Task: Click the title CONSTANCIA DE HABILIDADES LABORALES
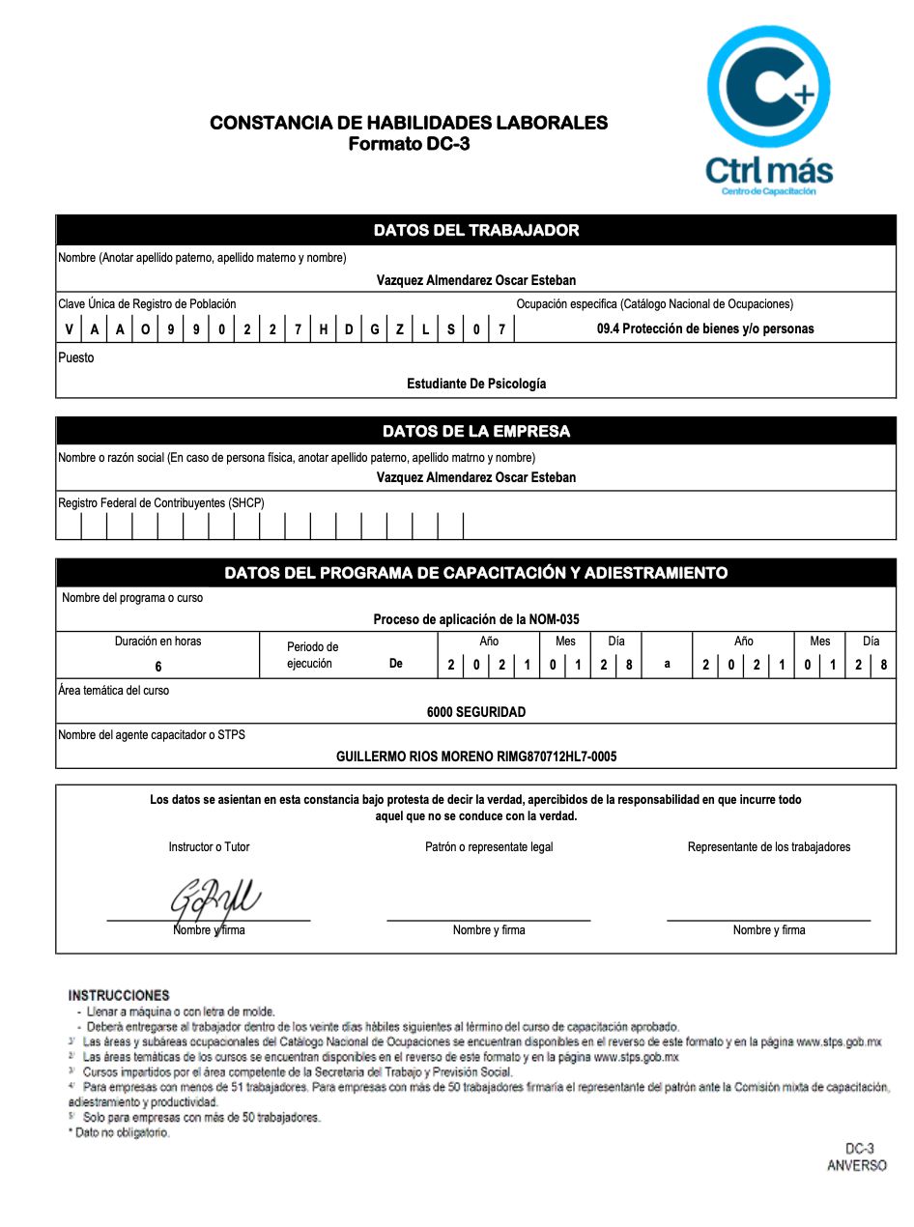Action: point(409,123)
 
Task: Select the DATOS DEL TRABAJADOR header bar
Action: point(475,230)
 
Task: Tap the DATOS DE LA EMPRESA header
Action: point(475,431)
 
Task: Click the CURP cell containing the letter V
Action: point(69,329)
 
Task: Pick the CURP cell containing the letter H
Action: point(323,329)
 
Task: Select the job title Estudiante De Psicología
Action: point(475,384)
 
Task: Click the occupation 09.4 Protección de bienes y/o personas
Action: point(705,328)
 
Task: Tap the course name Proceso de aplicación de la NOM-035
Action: point(475,619)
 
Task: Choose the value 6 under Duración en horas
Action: point(158,667)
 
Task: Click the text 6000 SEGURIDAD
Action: point(475,712)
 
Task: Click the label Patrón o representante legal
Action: point(489,847)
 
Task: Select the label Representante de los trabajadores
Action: point(769,847)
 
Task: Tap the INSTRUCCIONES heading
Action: point(119,995)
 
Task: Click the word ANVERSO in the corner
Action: point(856,1166)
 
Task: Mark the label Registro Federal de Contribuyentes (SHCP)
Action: point(160,503)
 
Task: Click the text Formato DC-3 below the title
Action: point(409,144)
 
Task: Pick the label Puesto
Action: point(76,357)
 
